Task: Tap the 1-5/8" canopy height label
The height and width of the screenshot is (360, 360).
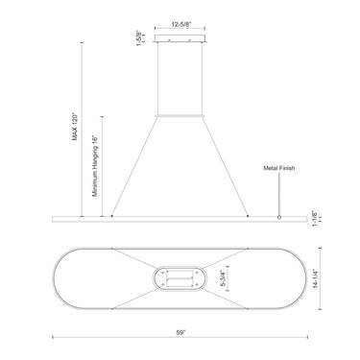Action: pos(139,38)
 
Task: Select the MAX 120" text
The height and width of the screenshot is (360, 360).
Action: pos(75,127)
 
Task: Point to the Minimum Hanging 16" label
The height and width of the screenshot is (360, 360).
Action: pos(95,166)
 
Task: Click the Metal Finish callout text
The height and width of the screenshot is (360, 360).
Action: pos(279,168)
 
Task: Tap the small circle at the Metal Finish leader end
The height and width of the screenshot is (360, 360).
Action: pos(279,217)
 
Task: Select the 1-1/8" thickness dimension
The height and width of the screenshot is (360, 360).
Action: pos(314,219)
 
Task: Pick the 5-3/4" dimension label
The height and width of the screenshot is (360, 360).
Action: pos(224,278)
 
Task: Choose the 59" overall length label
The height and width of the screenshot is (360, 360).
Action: pos(180,332)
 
